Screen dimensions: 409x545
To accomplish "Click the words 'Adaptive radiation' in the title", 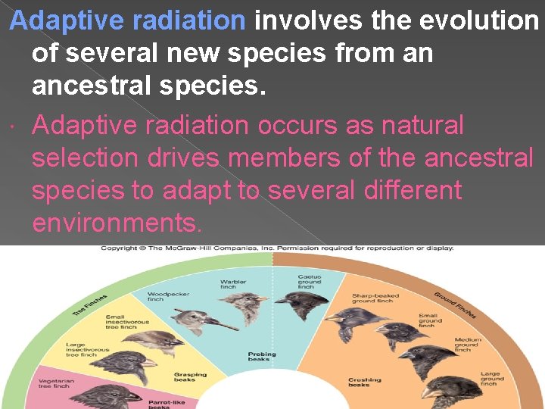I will (128, 20).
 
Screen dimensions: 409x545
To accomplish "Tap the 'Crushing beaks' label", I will (364, 382).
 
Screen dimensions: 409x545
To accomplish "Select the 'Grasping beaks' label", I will (190, 376).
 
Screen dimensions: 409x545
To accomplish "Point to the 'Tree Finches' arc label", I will (89, 306).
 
